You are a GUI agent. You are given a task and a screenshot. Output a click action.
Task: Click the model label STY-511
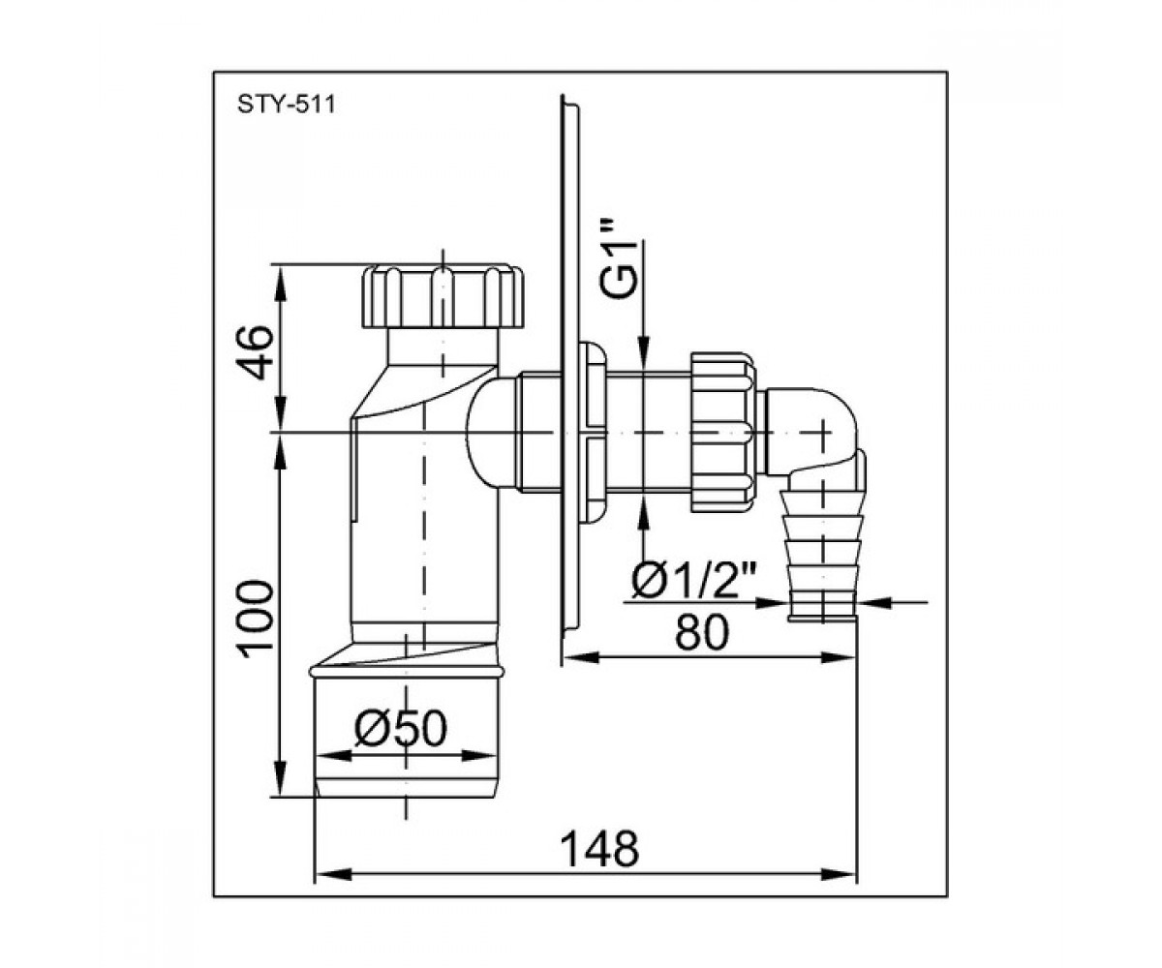287,105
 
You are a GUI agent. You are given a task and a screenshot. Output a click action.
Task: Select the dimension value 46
255,352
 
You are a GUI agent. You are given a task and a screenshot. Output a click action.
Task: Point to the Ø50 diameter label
400,729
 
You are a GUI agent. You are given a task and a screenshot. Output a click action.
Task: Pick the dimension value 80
701,632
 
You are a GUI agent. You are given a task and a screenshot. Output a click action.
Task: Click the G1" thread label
618,258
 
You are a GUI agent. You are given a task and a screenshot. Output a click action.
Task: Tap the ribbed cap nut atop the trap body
443,296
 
